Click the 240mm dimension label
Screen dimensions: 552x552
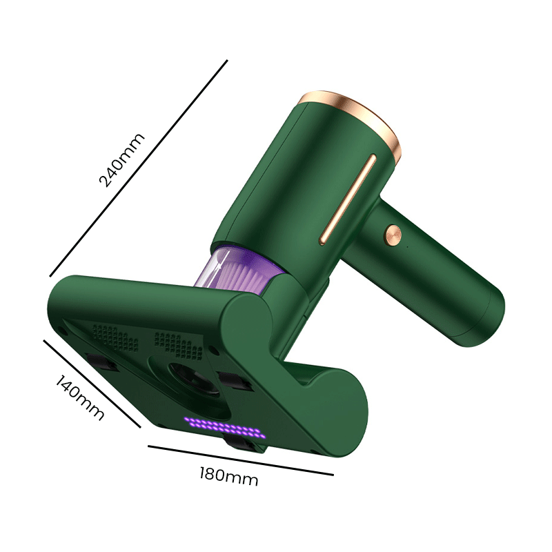click(122, 160)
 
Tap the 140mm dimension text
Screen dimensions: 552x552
click(79, 397)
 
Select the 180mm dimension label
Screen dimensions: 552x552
click(229, 476)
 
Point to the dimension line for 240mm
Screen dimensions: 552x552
click(139, 168)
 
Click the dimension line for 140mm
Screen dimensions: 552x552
click(92, 384)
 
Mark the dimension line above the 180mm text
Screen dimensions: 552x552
click(240, 460)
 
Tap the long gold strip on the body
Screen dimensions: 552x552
click(348, 199)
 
